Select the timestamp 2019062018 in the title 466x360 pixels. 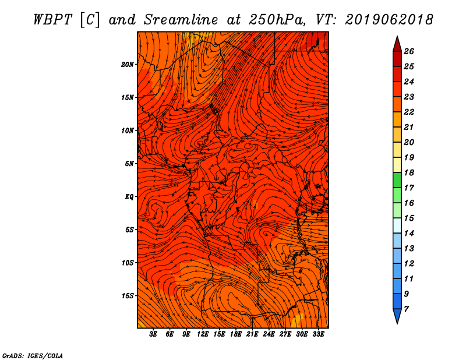(389, 19)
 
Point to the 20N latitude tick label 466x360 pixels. (128, 64)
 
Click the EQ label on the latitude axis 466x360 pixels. (129, 196)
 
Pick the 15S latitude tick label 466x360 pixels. (128, 296)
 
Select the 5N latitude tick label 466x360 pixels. (129, 164)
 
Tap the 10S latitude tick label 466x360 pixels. (128, 263)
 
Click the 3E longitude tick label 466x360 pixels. (154, 334)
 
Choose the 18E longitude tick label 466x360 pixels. (236, 334)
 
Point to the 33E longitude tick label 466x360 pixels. (318, 334)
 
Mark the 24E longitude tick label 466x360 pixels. (269, 334)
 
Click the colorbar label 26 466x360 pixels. (416, 51)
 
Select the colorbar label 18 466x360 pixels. (416, 172)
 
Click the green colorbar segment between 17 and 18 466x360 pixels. (397, 180)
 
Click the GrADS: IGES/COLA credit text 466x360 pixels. (33, 355)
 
